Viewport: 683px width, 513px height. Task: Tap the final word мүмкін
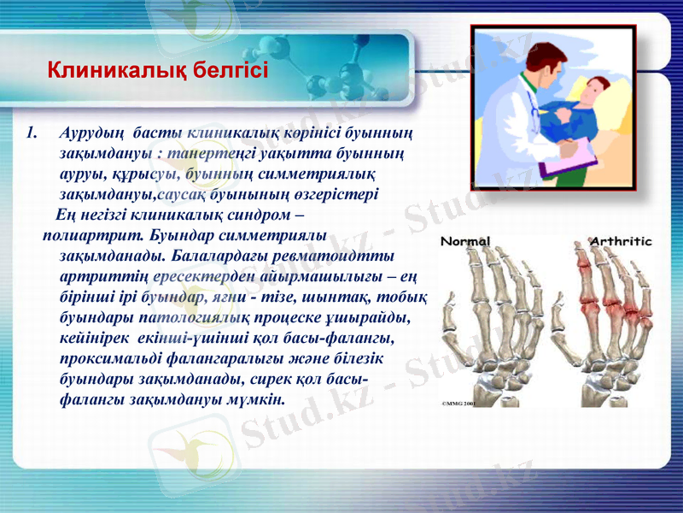coord(260,399)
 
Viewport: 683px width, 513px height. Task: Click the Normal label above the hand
coord(465,241)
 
